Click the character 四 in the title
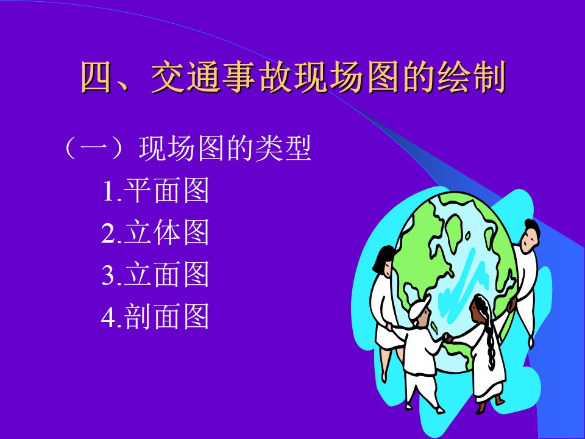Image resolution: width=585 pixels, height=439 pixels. click(x=96, y=77)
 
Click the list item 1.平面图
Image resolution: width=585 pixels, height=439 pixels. click(x=155, y=191)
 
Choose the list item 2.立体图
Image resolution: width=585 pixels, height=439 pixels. click(x=155, y=232)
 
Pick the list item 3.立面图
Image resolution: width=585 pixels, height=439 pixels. click(x=155, y=274)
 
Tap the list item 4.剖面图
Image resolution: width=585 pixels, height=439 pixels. click(x=155, y=316)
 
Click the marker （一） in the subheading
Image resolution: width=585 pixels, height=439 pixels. click(x=93, y=148)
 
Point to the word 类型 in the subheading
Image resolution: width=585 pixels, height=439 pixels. click(x=283, y=148)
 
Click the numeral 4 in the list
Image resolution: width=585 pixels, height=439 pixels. click(x=108, y=316)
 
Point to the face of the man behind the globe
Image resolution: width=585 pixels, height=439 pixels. click(x=530, y=238)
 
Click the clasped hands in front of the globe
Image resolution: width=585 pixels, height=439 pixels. click(x=447, y=338)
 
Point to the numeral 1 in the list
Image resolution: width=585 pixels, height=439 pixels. click(x=109, y=191)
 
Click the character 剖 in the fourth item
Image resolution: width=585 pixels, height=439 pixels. click(x=137, y=316)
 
